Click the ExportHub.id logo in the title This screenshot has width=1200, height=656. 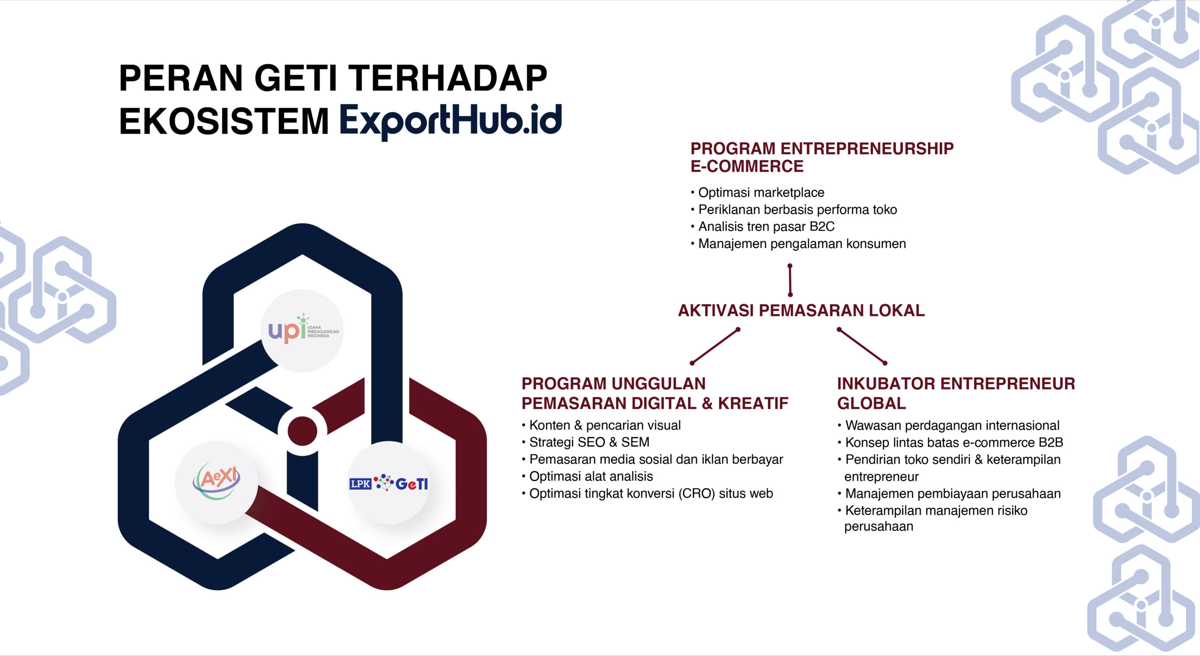coord(450,120)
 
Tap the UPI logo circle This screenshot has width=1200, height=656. coord(302,330)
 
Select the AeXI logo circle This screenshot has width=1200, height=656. coord(217,482)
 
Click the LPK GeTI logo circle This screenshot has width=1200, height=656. coord(389,482)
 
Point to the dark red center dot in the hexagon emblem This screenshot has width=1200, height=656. coord(302,431)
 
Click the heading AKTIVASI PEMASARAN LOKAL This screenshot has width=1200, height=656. coord(802,310)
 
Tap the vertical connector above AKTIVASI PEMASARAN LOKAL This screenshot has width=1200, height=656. coord(790,280)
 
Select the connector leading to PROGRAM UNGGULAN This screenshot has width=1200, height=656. coord(715,346)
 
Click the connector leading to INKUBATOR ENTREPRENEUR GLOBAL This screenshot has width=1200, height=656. coord(862,346)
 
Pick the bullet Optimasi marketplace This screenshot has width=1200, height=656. coord(757,193)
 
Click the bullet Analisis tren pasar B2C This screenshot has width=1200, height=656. coord(763,227)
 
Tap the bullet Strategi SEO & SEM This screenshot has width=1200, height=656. coord(585,442)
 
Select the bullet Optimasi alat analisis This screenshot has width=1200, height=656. coord(587,477)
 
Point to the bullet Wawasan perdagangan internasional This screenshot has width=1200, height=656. coord(949,425)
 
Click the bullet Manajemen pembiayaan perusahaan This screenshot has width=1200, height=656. coord(949,493)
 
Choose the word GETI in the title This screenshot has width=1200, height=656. coord(296,78)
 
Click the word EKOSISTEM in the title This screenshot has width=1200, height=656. coord(224,121)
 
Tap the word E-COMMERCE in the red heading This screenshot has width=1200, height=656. coord(747,166)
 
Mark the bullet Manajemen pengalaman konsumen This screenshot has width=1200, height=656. coord(798,244)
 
